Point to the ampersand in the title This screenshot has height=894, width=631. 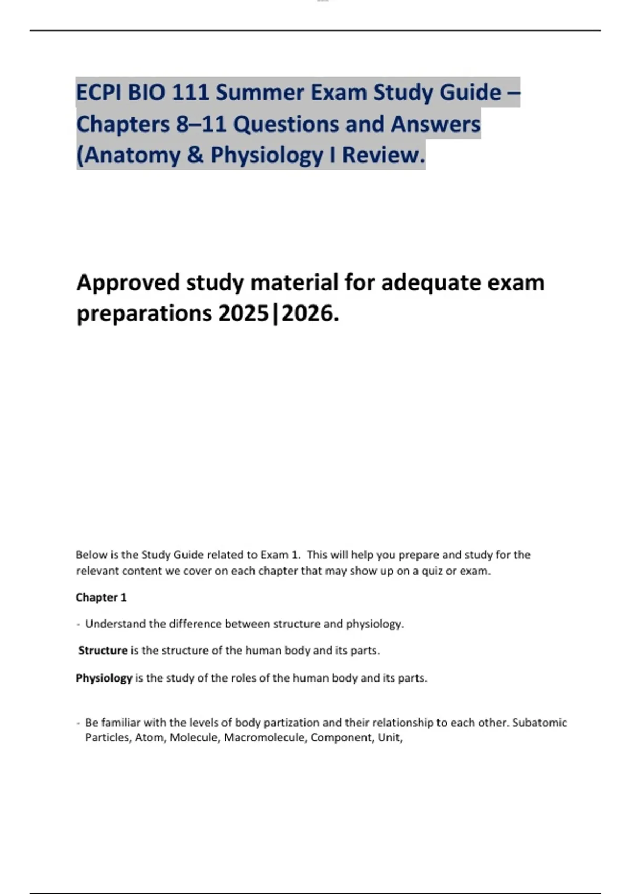[x=195, y=156]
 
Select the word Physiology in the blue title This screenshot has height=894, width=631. [x=267, y=156]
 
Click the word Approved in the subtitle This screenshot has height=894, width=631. [x=128, y=283]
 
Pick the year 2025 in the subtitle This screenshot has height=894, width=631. [x=244, y=314]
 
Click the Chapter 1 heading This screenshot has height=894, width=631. [x=101, y=597]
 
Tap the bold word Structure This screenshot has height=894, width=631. [x=103, y=651]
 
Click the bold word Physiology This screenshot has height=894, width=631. [x=104, y=678]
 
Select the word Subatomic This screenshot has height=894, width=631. [x=540, y=723]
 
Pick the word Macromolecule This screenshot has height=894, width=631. [x=266, y=738]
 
